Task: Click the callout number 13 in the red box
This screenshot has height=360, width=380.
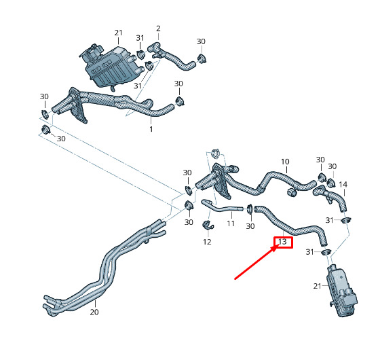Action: pyautogui.click(x=282, y=242)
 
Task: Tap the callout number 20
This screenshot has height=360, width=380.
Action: pyautogui.click(x=94, y=312)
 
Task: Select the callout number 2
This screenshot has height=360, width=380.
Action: pyautogui.click(x=158, y=29)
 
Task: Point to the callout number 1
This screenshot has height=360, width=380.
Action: pyautogui.click(x=151, y=129)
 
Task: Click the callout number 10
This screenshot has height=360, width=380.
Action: pyautogui.click(x=285, y=162)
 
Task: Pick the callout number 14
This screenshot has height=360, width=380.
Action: pyautogui.click(x=343, y=185)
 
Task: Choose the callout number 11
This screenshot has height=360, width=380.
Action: pyautogui.click(x=231, y=223)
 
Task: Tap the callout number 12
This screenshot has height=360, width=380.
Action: pyautogui.click(x=207, y=242)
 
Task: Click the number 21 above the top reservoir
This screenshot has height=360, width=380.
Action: pyautogui.click(x=119, y=33)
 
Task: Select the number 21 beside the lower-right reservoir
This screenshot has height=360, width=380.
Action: pyautogui.click(x=318, y=286)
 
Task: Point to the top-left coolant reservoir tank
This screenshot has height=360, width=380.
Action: pyautogui.click(x=109, y=66)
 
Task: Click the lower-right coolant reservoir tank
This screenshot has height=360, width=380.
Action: pyautogui.click(x=342, y=291)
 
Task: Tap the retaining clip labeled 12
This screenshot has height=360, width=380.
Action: pyautogui.click(x=208, y=226)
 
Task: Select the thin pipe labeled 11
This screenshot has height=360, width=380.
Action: pyautogui.click(x=221, y=209)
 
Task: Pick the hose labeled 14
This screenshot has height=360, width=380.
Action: pyautogui.click(x=332, y=196)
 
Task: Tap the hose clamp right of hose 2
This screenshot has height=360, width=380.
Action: pyautogui.click(x=201, y=58)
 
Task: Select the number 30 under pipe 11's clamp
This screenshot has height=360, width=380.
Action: pyautogui.click(x=250, y=226)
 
